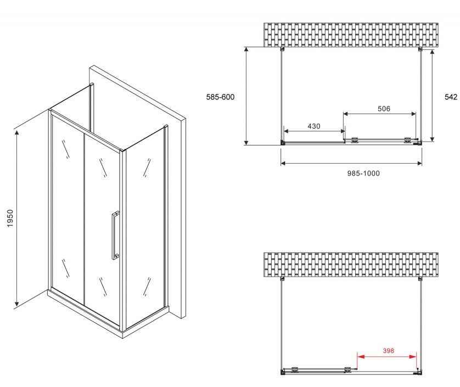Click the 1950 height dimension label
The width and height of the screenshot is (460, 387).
point(10,218)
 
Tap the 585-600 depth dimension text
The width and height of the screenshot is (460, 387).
point(220,97)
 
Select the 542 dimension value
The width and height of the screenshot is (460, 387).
point(451,97)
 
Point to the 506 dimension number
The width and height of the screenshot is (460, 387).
point(384,109)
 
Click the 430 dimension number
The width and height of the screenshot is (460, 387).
point(313,126)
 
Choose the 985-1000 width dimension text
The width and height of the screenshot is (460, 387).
point(363,173)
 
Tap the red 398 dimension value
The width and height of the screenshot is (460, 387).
point(388,351)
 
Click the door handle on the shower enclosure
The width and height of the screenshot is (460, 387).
point(115,235)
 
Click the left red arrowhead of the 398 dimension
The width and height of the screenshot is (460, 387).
point(361,357)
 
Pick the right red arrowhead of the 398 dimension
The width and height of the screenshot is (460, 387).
point(413,357)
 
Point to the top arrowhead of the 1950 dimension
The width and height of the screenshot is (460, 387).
point(17,133)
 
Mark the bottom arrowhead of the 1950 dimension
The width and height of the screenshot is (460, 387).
point(17,304)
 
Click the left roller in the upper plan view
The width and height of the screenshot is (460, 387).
point(355,140)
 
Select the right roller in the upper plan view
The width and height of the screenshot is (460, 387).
point(408,140)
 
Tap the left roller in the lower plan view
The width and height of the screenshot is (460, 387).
point(295,369)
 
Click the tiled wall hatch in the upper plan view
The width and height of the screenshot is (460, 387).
point(351,35)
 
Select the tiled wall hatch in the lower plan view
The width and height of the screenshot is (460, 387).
point(351,265)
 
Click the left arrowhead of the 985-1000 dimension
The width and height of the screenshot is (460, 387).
point(283,163)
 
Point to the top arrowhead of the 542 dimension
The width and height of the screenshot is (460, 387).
point(432,53)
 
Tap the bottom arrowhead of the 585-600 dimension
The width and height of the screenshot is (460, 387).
point(246,142)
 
